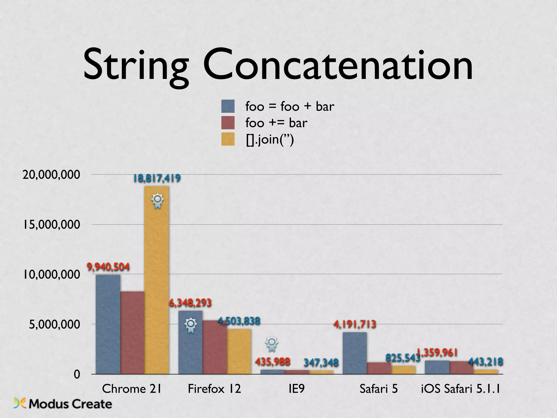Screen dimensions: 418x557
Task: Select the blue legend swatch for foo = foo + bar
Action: click(x=228, y=106)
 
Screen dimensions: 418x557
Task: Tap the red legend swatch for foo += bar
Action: click(x=228, y=123)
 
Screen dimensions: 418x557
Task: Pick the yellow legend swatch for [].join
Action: click(x=228, y=139)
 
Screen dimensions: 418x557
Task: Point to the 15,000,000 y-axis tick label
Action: click(x=51, y=225)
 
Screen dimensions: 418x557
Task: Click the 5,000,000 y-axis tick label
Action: click(x=54, y=324)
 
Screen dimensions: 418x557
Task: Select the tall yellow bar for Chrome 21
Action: click(x=157, y=280)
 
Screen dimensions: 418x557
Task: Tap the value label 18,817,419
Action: click(x=157, y=178)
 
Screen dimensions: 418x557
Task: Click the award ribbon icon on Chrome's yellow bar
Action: click(x=157, y=201)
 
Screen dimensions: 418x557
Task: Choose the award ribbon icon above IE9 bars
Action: click(x=272, y=344)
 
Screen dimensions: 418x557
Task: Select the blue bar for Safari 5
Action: click(x=354, y=353)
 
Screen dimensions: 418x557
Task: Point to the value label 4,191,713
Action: click(x=355, y=324)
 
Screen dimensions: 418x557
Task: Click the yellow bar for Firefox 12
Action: click(x=239, y=352)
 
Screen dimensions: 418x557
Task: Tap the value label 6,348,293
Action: click(x=190, y=303)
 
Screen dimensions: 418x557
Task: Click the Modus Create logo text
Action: click(x=70, y=404)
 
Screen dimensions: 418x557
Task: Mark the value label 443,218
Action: click(x=485, y=362)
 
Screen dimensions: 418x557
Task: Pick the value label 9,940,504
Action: click(x=108, y=267)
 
